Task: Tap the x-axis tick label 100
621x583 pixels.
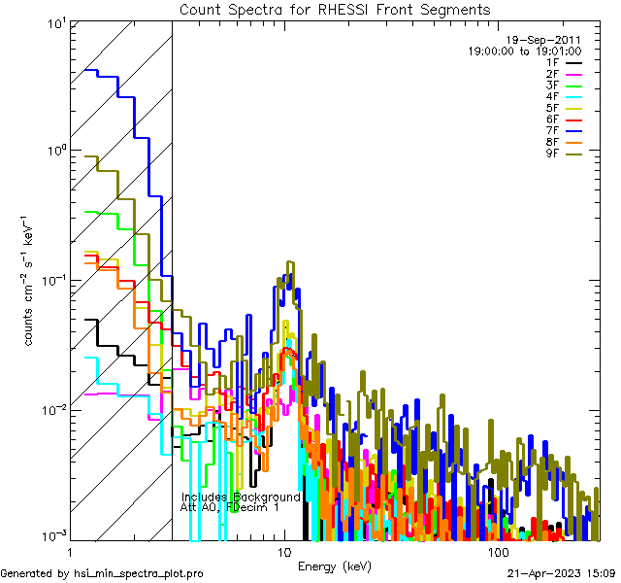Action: point(498,551)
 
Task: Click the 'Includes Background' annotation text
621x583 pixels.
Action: point(241,497)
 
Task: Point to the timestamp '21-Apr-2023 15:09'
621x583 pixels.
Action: point(561,574)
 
